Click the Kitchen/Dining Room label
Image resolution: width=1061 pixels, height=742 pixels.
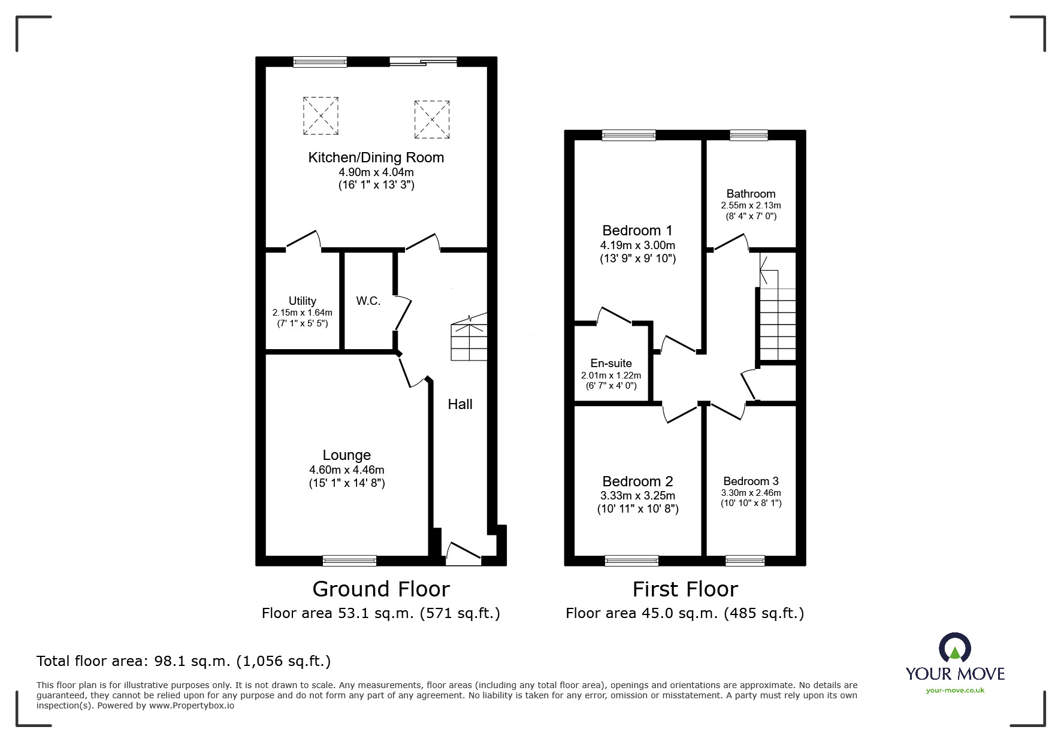coord(376,158)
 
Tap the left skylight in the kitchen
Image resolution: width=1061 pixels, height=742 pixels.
coord(321,116)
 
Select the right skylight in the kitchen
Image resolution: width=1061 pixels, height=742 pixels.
coord(431,119)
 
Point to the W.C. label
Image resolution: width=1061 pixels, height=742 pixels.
coord(368,301)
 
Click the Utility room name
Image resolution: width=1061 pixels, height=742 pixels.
coord(302,301)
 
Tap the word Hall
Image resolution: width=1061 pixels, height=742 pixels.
coord(460,404)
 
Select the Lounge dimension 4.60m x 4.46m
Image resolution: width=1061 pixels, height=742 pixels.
coord(347,470)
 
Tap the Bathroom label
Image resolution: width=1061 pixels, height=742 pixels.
coord(751,193)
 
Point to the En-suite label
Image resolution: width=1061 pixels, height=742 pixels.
coord(611,363)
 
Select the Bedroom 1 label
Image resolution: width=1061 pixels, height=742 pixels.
coord(637,231)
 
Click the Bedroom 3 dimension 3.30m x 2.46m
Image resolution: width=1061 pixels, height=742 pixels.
coord(751,493)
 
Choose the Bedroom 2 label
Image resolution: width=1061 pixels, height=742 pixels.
coord(637,481)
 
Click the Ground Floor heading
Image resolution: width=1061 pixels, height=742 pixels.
coord(381,589)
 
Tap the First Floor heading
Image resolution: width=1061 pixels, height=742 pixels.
coord(685,589)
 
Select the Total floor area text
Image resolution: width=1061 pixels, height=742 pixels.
coord(183,661)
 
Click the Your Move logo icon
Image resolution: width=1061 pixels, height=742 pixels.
coord(954,648)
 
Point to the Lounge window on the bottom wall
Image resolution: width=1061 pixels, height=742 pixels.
coord(349,561)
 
